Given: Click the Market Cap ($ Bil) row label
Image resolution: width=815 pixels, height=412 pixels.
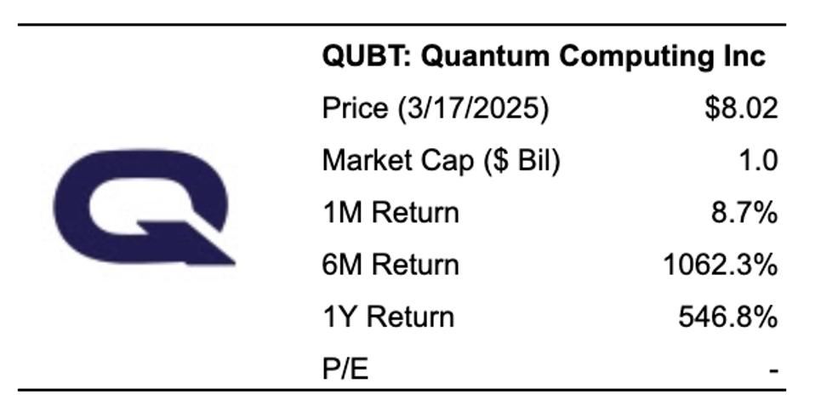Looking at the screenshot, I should (440, 161).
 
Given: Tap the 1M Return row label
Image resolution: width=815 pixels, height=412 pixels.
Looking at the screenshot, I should (390, 213).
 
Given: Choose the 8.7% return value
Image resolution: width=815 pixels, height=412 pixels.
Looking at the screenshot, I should (744, 213).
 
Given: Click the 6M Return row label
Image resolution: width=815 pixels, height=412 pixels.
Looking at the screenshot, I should (390, 265).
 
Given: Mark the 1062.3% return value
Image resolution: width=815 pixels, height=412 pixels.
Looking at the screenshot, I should (720, 265).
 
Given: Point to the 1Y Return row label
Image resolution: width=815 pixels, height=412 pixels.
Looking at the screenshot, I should (388, 317).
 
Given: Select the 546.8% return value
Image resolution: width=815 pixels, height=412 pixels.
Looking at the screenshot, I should (727, 317).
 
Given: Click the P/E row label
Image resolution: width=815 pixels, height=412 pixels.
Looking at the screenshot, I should (345, 369).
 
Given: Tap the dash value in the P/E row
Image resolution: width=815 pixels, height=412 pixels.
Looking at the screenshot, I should (772, 370).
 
